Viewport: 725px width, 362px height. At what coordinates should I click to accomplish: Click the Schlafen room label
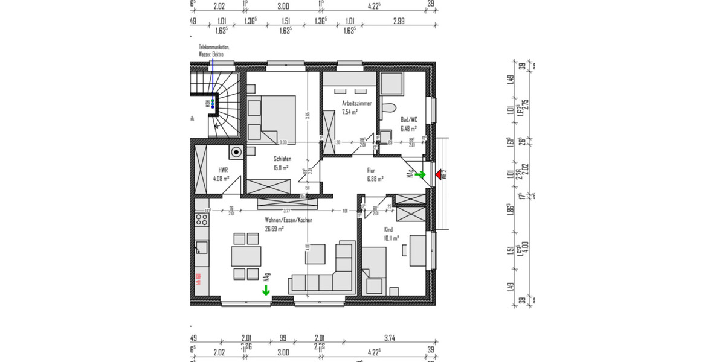coord(282,159)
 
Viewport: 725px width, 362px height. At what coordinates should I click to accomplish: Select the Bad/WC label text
coord(409,119)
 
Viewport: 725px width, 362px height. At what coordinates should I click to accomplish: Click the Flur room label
coord(372,170)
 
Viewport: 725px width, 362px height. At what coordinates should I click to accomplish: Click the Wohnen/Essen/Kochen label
coord(288,221)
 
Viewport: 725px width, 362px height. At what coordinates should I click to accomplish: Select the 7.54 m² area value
coord(350,112)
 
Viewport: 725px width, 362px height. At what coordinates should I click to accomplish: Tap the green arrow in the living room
coord(266,291)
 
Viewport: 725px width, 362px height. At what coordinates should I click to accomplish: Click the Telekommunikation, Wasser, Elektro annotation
coord(214,51)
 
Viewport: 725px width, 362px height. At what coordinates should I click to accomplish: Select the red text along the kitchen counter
coord(198,279)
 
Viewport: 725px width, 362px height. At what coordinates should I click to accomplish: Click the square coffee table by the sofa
coord(315,254)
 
